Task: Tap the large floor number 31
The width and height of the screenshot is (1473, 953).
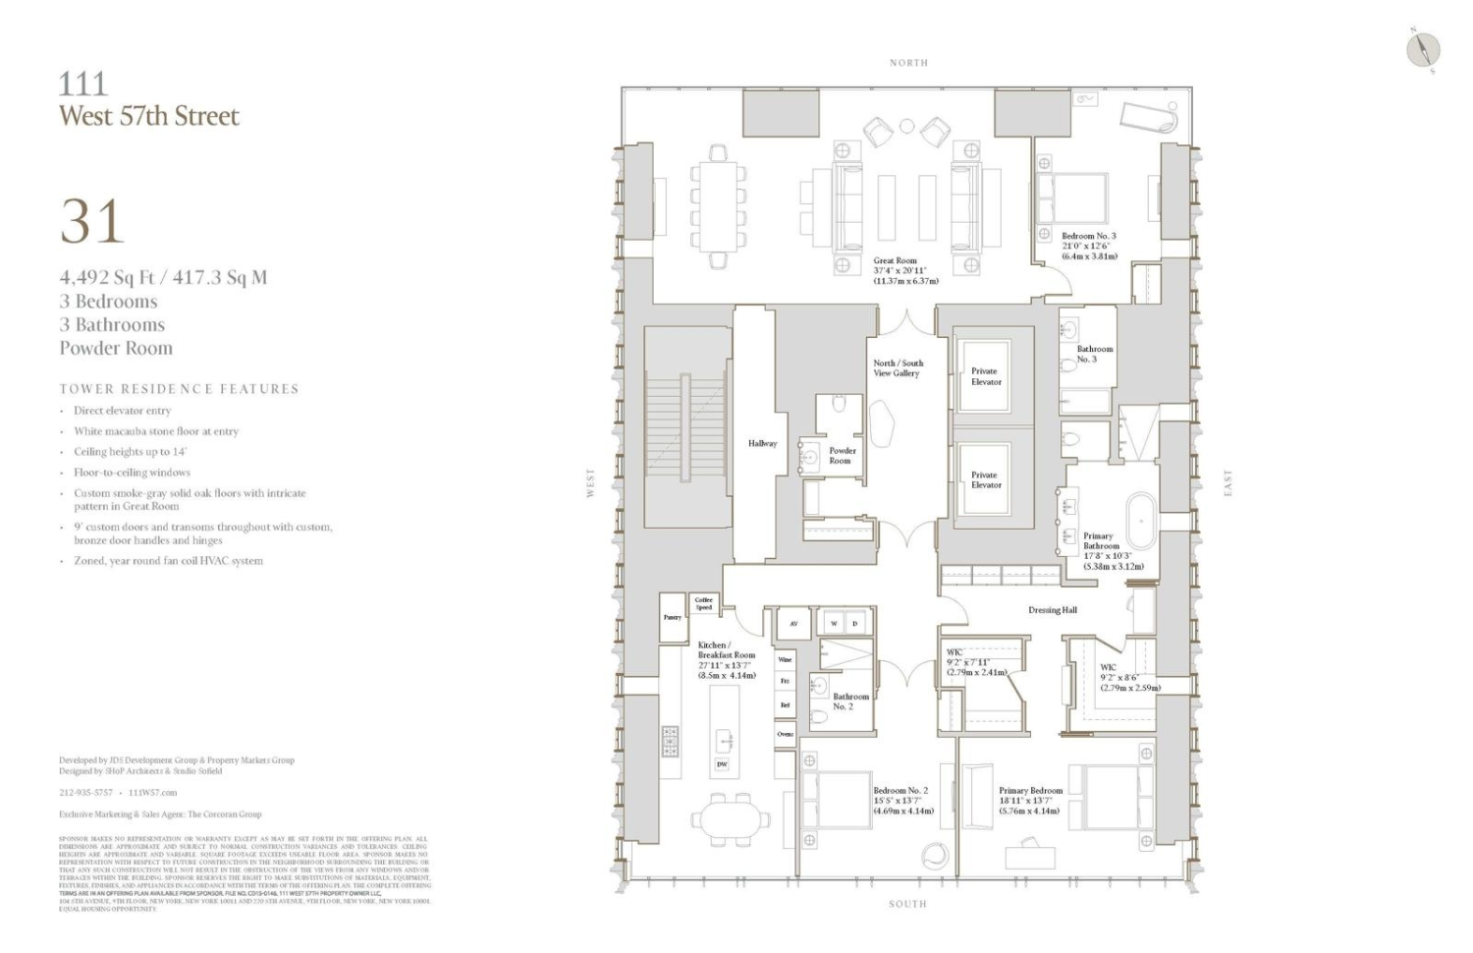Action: pyautogui.click(x=91, y=222)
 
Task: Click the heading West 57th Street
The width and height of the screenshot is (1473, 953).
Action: pyautogui.click(x=148, y=116)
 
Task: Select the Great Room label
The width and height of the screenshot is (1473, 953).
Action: pyautogui.click(x=895, y=261)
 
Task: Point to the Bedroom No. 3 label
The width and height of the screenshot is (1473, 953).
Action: pyautogui.click(x=1088, y=236)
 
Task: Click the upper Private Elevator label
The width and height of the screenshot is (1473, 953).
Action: pyautogui.click(x=986, y=376)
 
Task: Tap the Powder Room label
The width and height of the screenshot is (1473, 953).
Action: pyautogui.click(x=842, y=455)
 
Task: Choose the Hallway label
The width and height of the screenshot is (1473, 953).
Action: pyautogui.click(x=762, y=444)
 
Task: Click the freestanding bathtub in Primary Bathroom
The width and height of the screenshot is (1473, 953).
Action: pyautogui.click(x=1137, y=513)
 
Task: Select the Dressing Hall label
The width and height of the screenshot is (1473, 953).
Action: pyautogui.click(x=1052, y=610)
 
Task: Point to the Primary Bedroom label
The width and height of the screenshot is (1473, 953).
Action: pyautogui.click(x=1030, y=791)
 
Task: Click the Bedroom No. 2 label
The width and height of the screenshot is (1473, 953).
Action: pyautogui.click(x=900, y=791)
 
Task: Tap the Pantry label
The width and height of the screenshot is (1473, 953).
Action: pyautogui.click(x=672, y=618)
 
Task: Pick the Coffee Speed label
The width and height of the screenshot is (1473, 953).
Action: pyautogui.click(x=703, y=603)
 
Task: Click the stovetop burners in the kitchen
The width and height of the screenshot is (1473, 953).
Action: pyautogui.click(x=670, y=741)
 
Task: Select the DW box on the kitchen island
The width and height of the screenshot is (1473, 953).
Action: pyautogui.click(x=722, y=764)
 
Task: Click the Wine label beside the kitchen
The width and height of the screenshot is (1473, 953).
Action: pyautogui.click(x=785, y=660)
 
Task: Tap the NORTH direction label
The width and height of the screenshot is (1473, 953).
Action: pyautogui.click(x=908, y=63)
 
